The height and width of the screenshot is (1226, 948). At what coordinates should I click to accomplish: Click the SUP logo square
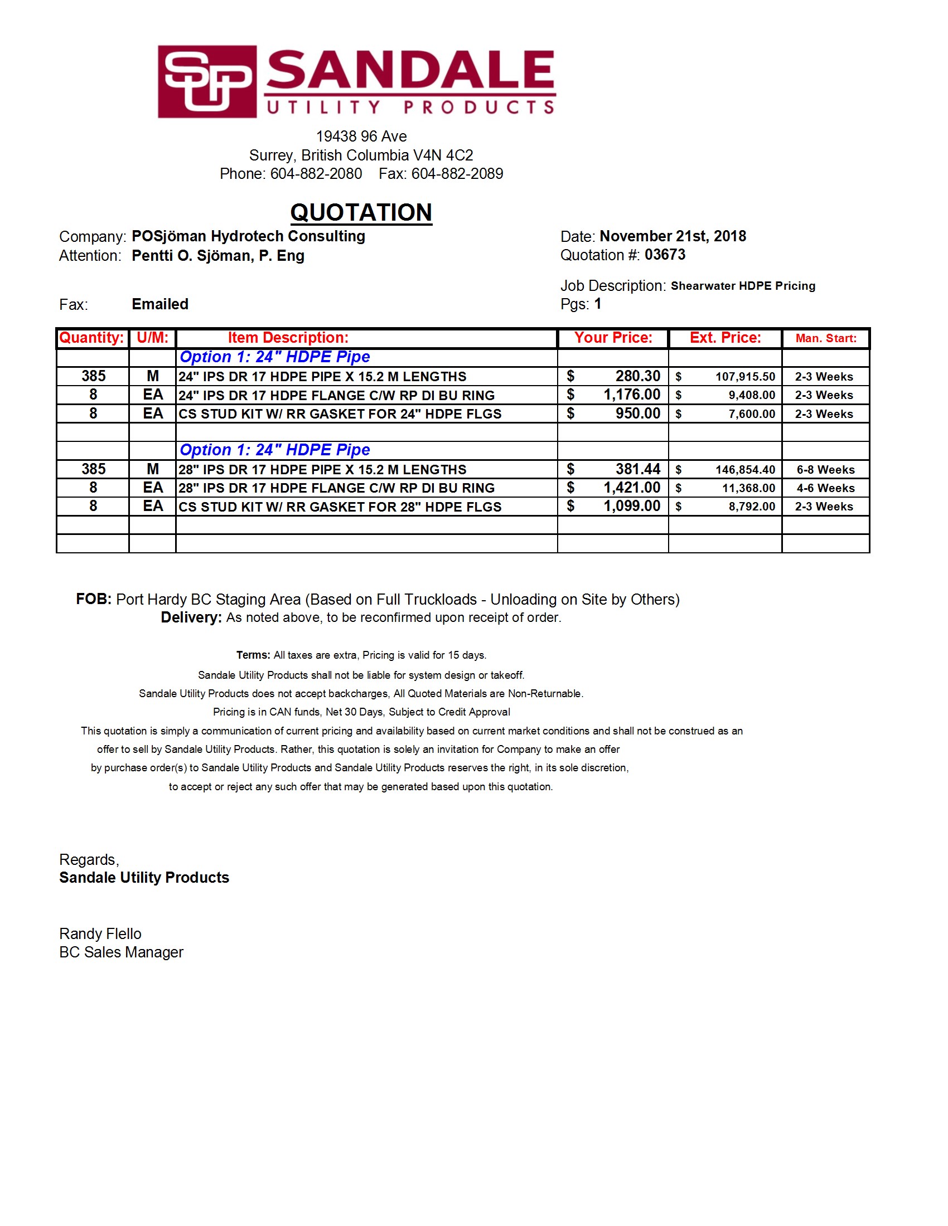(x=207, y=81)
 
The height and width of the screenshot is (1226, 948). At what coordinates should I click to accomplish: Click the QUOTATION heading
(x=361, y=213)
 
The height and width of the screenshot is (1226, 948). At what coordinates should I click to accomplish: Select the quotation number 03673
(x=665, y=255)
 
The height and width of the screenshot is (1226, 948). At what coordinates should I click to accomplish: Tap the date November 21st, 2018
(x=673, y=236)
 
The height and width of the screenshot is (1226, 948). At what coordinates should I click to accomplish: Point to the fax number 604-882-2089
(x=457, y=174)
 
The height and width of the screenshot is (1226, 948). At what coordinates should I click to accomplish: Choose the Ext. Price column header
(x=725, y=338)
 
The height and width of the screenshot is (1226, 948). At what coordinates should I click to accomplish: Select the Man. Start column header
(x=825, y=338)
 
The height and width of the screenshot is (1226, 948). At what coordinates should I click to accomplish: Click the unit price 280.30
(x=637, y=376)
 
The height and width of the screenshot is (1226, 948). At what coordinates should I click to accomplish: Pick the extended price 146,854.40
(x=745, y=470)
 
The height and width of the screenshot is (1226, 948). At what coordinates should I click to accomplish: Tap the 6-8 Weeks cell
(x=825, y=470)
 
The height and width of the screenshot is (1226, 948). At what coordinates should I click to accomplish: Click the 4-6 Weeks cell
(x=825, y=488)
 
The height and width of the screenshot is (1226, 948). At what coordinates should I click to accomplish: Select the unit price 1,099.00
(x=632, y=507)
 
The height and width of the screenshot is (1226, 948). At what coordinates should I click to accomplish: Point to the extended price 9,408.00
(x=752, y=395)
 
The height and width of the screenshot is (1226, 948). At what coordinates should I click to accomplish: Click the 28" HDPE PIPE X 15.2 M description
(x=322, y=470)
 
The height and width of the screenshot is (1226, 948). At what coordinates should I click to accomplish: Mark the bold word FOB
(x=93, y=600)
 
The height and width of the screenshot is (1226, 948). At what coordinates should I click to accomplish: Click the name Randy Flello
(x=100, y=934)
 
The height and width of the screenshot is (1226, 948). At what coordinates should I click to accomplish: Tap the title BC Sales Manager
(x=122, y=952)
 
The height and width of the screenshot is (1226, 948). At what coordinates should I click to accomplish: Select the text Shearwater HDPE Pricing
(x=742, y=286)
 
